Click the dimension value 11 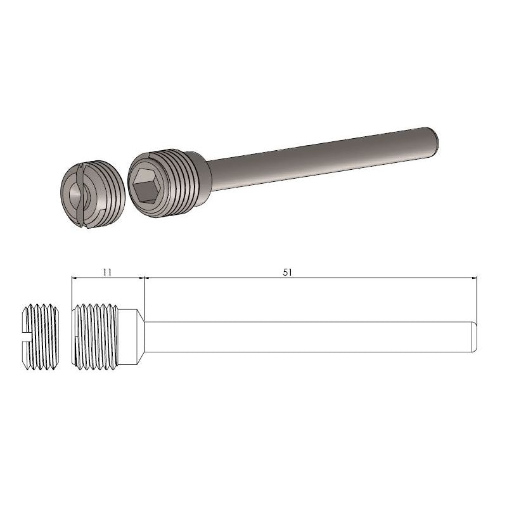107,271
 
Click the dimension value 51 287,271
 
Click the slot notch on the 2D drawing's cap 29,336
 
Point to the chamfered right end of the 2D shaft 473,336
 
